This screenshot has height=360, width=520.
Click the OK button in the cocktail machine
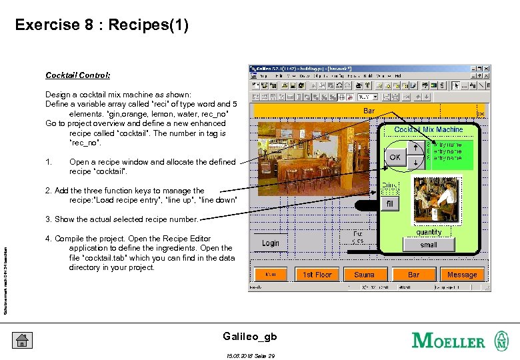pos(395,158)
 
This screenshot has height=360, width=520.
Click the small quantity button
pos(429,245)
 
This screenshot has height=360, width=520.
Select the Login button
pos(271,243)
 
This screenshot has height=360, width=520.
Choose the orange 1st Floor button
pos(317,275)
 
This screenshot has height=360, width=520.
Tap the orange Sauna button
pos(364,275)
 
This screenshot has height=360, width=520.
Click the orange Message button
pos(461,275)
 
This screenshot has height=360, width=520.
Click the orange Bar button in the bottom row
pos(413,275)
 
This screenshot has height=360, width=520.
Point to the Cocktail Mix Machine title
pos(428,129)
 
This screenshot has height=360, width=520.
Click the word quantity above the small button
pos(429,232)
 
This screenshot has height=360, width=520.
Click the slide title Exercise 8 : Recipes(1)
pos(102,25)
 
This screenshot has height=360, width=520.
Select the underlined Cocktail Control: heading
pos(77,75)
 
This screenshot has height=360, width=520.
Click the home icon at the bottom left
pos(22,340)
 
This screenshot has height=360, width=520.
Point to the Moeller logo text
pos(448,341)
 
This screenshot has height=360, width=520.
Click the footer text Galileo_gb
pos(248,336)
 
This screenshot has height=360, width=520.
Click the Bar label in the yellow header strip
pos(369,111)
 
